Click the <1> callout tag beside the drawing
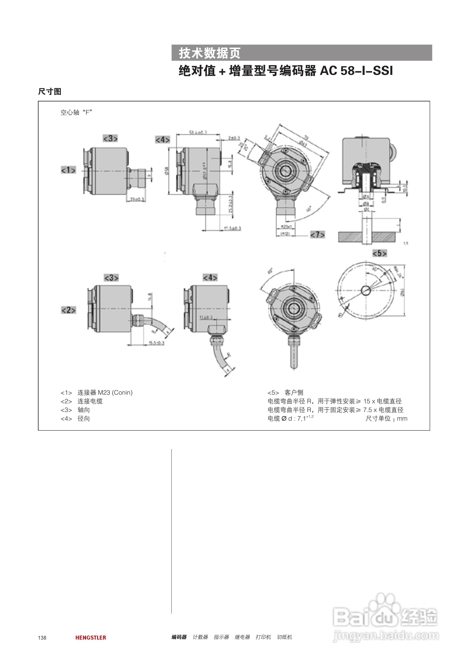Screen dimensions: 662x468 68,170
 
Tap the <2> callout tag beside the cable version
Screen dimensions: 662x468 69,310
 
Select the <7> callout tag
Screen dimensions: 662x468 317,234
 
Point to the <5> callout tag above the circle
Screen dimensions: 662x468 380,253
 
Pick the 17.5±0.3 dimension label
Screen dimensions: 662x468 232,228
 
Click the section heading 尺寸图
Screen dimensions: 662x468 50,91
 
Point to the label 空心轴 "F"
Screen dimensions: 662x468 76,112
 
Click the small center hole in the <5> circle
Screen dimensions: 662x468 366,290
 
